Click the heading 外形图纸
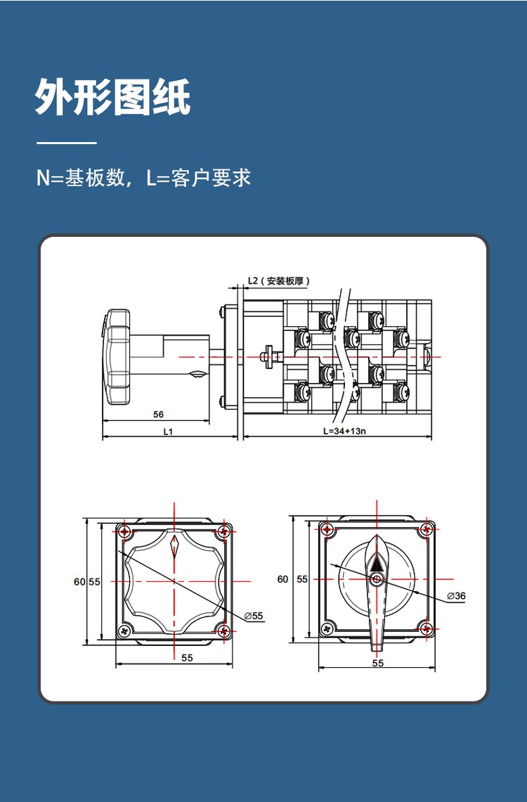click(x=112, y=97)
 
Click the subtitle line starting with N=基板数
click(x=143, y=177)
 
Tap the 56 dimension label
click(x=159, y=415)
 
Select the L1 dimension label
click(x=168, y=432)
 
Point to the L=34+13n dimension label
click(x=344, y=432)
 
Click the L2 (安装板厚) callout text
click(x=279, y=281)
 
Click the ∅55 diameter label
click(x=254, y=616)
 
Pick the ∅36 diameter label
click(x=457, y=595)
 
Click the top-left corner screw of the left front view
click(x=124, y=530)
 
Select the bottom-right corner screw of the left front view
click(x=223, y=630)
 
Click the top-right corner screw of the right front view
click(x=426, y=529)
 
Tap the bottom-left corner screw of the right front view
click(x=327, y=629)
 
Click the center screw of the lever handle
click(x=377, y=579)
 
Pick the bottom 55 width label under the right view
click(x=378, y=663)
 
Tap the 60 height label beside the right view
click(x=282, y=579)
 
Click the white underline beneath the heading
click(x=66, y=143)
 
